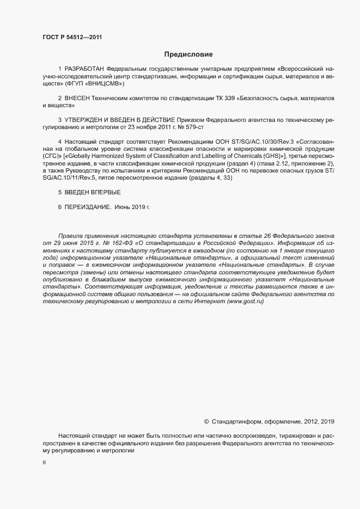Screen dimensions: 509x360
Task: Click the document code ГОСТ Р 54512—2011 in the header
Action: (72, 38)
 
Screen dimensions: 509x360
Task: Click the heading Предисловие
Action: (188, 54)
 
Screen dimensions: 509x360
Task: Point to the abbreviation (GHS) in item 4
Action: (275, 156)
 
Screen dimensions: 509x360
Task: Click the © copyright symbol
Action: (206, 421)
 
